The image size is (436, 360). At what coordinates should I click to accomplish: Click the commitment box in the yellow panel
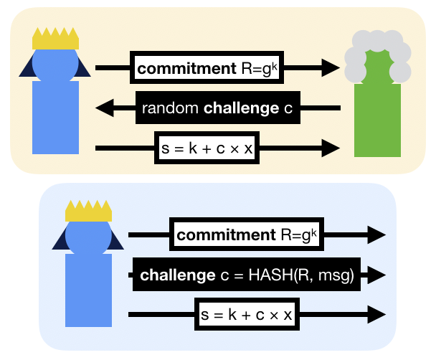tap(203, 70)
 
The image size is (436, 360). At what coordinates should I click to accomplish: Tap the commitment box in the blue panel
tap(242, 235)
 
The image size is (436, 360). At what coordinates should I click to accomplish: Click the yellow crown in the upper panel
tap(55, 39)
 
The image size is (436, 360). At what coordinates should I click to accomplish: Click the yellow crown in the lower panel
tap(88, 211)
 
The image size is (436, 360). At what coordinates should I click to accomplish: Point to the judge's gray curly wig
tap(377, 54)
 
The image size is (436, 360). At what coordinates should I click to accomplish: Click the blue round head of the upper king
tap(55, 63)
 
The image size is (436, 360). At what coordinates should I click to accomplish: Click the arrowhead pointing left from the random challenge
tap(105, 109)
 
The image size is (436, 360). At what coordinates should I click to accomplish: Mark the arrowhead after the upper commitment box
tap(331, 69)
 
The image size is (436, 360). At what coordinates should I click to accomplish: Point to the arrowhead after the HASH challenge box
tap(377, 275)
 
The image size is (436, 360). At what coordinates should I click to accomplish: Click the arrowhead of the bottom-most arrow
tap(377, 314)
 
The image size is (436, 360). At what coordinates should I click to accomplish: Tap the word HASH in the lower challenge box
tap(266, 275)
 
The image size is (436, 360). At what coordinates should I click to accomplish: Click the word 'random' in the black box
tap(171, 109)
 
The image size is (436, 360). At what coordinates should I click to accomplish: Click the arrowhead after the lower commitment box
tap(377, 235)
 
